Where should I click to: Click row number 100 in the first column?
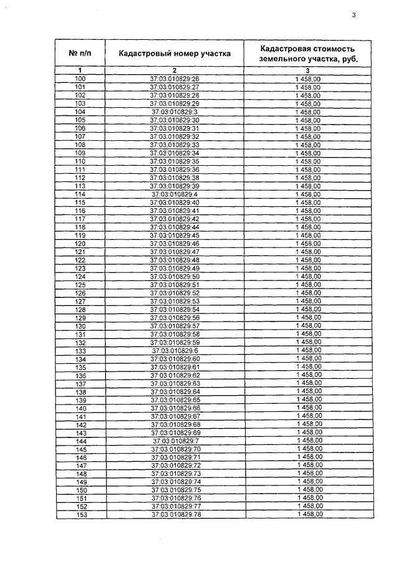pyautogui.click(x=80, y=79)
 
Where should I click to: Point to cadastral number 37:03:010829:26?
pyautogui.click(x=175, y=79)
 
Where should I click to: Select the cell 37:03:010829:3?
pyautogui.click(x=175, y=112)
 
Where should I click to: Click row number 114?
pyautogui.click(x=80, y=194)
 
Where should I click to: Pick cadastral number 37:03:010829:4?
pyautogui.click(x=175, y=194)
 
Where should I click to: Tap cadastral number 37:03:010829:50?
pyautogui.click(x=175, y=276)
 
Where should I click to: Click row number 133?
pyautogui.click(x=80, y=351)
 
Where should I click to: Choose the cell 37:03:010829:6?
pyautogui.click(x=175, y=351)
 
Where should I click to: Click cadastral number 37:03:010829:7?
pyautogui.click(x=175, y=441)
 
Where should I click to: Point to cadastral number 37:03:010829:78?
pyautogui.click(x=175, y=515)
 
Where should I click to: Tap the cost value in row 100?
pyautogui.click(x=308, y=79)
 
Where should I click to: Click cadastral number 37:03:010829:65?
pyautogui.click(x=175, y=399)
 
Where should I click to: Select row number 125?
pyautogui.click(x=80, y=285)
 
